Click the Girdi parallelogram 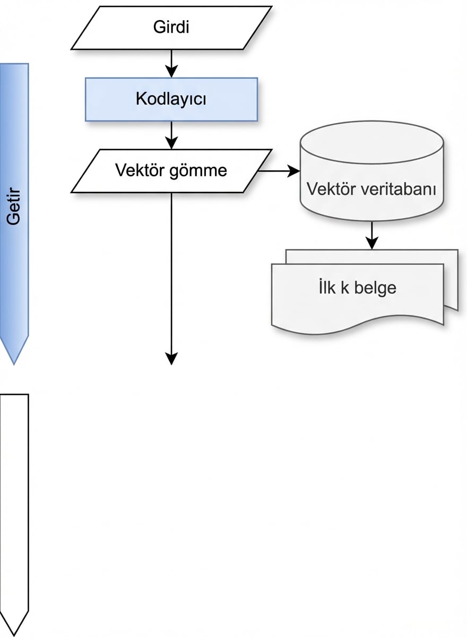click(x=171, y=28)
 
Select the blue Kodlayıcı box click(x=171, y=99)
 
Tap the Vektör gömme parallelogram click(x=171, y=171)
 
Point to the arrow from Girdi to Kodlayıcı click(x=171, y=64)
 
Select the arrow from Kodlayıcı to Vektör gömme click(x=171, y=135)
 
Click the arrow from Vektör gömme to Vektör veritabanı click(x=279, y=171)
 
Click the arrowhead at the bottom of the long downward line click(x=171, y=359)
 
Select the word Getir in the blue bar click(x=14, y=212)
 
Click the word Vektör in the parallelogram click(x=140, y=171)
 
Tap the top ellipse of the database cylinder click(x=371, y=139)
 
